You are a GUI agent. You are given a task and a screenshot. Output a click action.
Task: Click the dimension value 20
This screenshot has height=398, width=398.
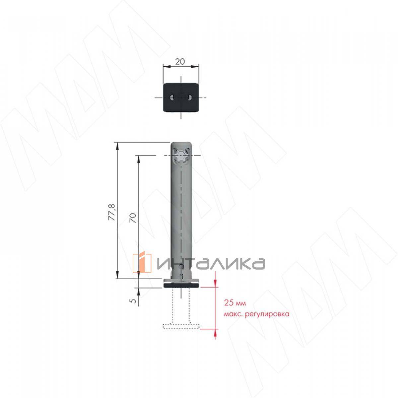(180, 62)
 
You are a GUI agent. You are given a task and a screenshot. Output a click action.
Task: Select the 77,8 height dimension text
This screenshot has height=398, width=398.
(113, 212)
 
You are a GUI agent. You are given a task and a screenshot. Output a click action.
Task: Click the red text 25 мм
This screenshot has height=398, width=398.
(235, 303)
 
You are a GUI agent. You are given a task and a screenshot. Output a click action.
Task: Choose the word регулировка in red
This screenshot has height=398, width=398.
(267, 314)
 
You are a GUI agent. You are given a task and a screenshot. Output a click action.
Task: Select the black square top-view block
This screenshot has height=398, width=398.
(181, 97)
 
